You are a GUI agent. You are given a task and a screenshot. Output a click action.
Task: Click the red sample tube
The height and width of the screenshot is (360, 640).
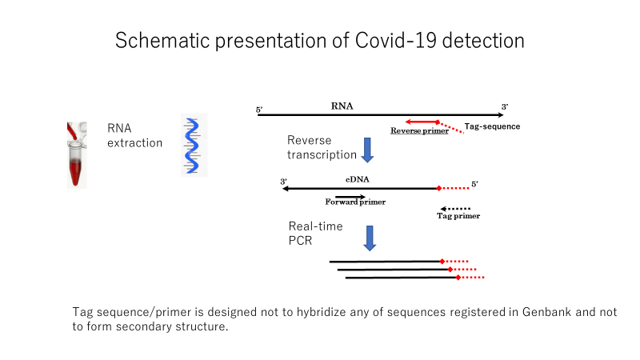tap(77, 155)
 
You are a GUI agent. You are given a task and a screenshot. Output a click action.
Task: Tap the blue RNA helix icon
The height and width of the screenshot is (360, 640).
tap(193, 146)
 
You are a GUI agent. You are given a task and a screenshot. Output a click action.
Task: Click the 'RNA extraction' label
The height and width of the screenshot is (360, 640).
tap(134, 135)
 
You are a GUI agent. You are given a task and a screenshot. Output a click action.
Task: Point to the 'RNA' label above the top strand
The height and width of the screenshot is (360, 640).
tap(342, 106)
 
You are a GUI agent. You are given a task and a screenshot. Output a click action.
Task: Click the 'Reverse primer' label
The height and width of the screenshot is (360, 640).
tap(419, 130)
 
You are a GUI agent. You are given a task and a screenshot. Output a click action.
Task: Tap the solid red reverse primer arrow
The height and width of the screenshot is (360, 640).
tap(422, 122)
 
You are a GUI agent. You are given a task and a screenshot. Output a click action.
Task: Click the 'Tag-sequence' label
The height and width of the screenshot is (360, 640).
tap(492, 126)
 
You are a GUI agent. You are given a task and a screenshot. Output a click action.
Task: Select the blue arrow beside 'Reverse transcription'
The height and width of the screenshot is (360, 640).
tap(367, 150)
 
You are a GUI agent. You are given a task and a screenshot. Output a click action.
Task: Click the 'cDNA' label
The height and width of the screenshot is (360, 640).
tap(358, 179)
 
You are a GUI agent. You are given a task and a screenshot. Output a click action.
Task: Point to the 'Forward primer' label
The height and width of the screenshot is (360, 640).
tap(355, 202)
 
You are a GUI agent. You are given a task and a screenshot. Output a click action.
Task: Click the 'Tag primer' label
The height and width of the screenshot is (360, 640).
tap(458, 216)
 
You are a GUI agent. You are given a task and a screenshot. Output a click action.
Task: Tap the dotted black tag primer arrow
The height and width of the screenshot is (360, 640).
tap(455, 209)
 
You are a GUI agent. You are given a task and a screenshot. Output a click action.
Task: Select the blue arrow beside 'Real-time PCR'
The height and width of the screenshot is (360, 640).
tap(370, 238)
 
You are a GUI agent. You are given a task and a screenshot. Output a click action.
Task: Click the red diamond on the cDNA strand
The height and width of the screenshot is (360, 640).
tap(438, 188)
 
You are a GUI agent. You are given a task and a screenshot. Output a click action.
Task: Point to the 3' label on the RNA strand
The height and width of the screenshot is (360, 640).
tap(505, 107)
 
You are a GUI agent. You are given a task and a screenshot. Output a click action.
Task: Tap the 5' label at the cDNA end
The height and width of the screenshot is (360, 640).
tap(474, 184)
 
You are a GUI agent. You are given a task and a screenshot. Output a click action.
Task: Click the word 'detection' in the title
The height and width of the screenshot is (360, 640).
tap(483, 41)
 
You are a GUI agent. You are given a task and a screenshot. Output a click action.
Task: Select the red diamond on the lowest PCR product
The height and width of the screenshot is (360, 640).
tap(458, 278)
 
